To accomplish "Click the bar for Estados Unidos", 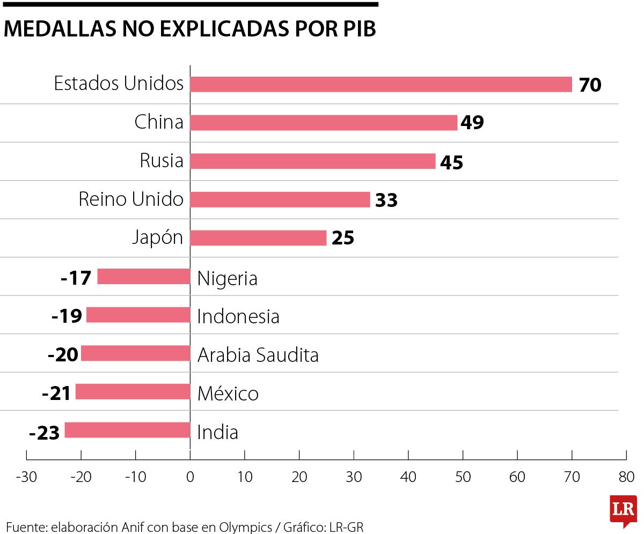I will pos(381,84).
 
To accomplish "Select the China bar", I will pos(324,123).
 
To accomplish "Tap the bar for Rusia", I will pos(313,161).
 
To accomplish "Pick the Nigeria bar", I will pos(144,277).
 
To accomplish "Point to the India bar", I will pos(127,431).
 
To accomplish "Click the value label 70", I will pos(590,85).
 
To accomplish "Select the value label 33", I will pos(386,201).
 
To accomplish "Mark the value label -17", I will pos(76,278).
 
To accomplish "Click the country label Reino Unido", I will pos(131,199).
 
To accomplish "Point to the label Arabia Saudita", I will pos(258,355).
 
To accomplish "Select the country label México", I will pos(228,394).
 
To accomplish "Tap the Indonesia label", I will pos(238,316).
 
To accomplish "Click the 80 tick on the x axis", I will pos(626,477).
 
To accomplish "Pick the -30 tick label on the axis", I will pos(26,477).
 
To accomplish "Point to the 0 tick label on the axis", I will pos(190,477).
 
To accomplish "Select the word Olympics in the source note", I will pos(246,527).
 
